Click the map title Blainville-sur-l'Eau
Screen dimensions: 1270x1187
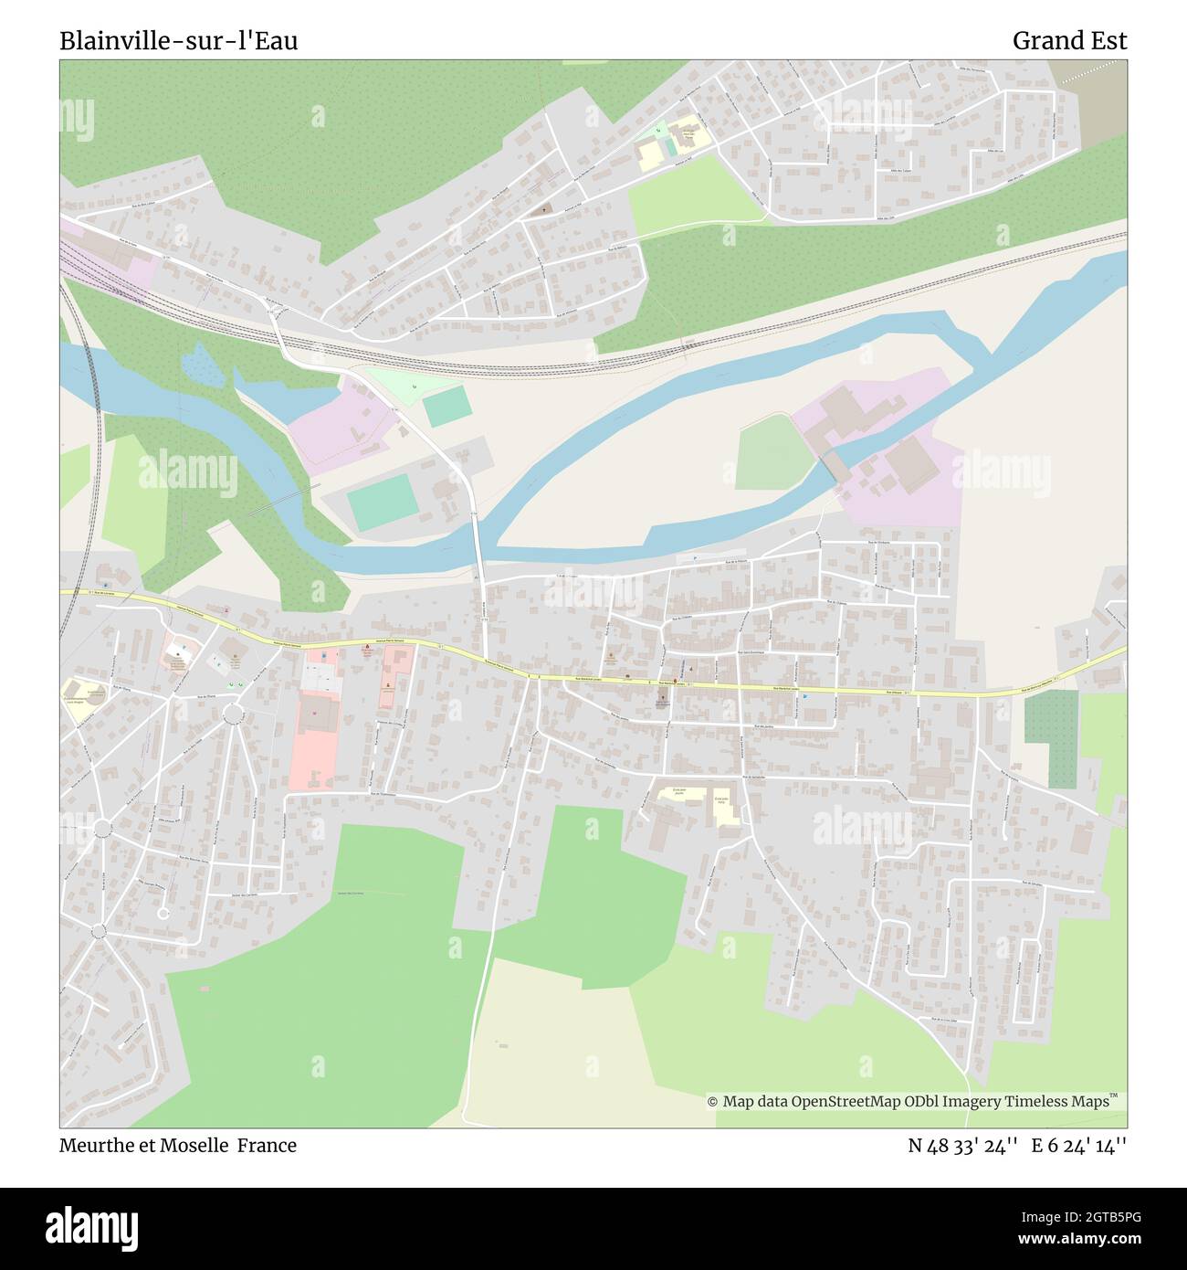(179, 41)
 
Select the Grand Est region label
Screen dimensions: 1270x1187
(1069, 41)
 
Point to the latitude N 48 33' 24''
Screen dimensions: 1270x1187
(962, 1145)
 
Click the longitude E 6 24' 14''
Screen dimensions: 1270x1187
(1078, 1145)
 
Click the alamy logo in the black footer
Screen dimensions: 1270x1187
(92, 1227)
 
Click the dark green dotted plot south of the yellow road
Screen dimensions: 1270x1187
(1050, 738)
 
